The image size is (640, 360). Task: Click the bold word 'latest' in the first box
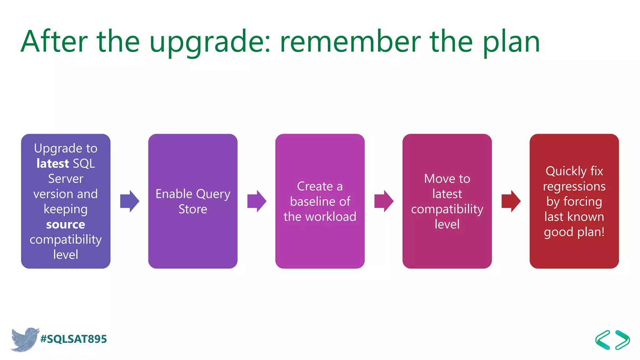[52, 163]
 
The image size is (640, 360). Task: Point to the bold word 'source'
[66, 224]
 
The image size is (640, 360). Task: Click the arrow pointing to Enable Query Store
[130, 201]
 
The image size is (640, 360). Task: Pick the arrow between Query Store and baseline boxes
[257, 201]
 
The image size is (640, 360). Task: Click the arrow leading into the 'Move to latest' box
[384, 201]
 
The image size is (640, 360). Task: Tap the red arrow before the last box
[511, 201]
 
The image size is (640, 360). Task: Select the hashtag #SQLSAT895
[74, 339]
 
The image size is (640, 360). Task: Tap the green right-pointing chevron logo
[622, 340]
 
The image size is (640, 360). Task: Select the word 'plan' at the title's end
[511, 42]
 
